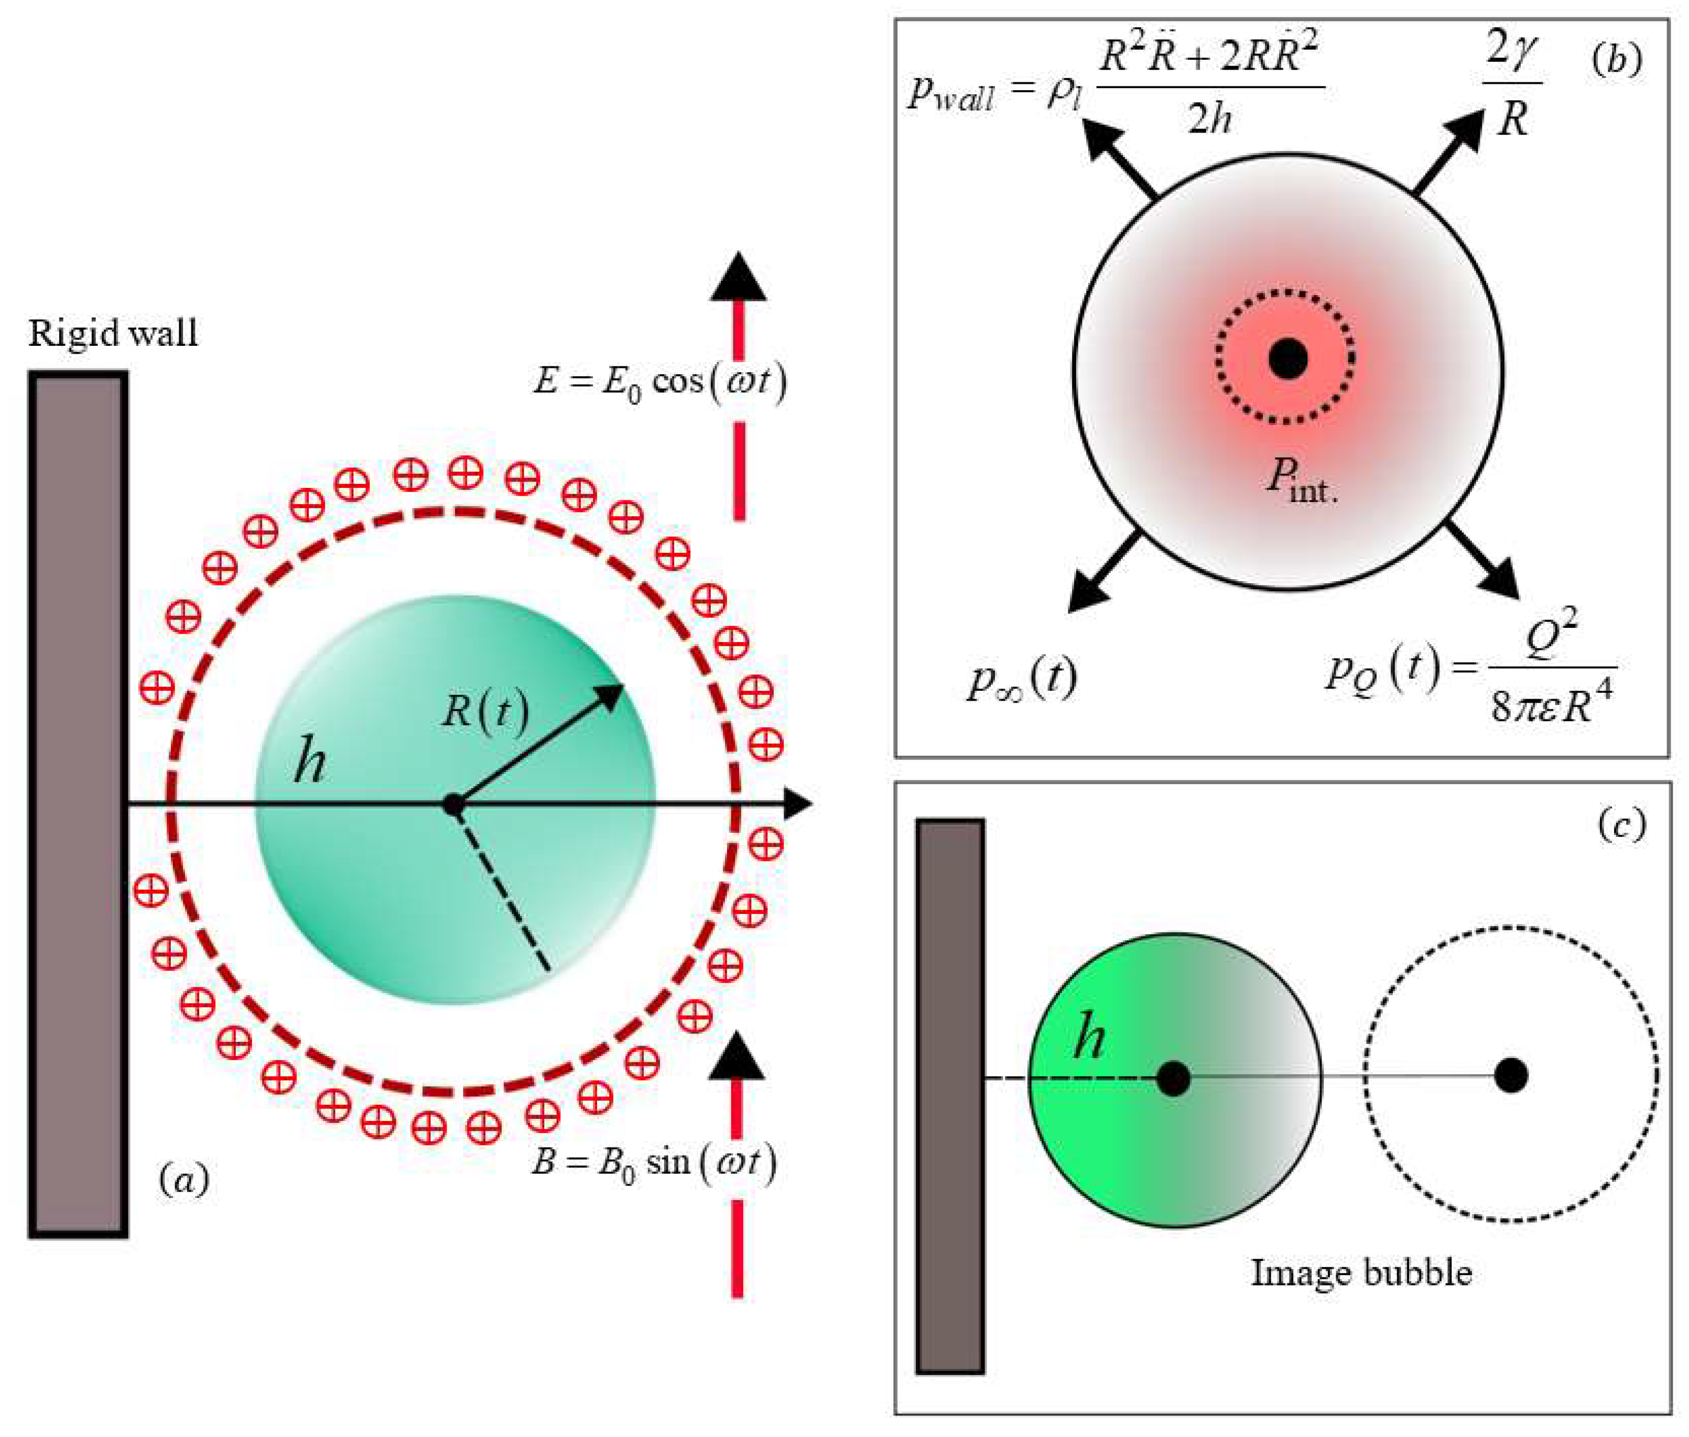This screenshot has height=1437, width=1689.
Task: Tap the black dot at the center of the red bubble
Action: [1288, 358]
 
